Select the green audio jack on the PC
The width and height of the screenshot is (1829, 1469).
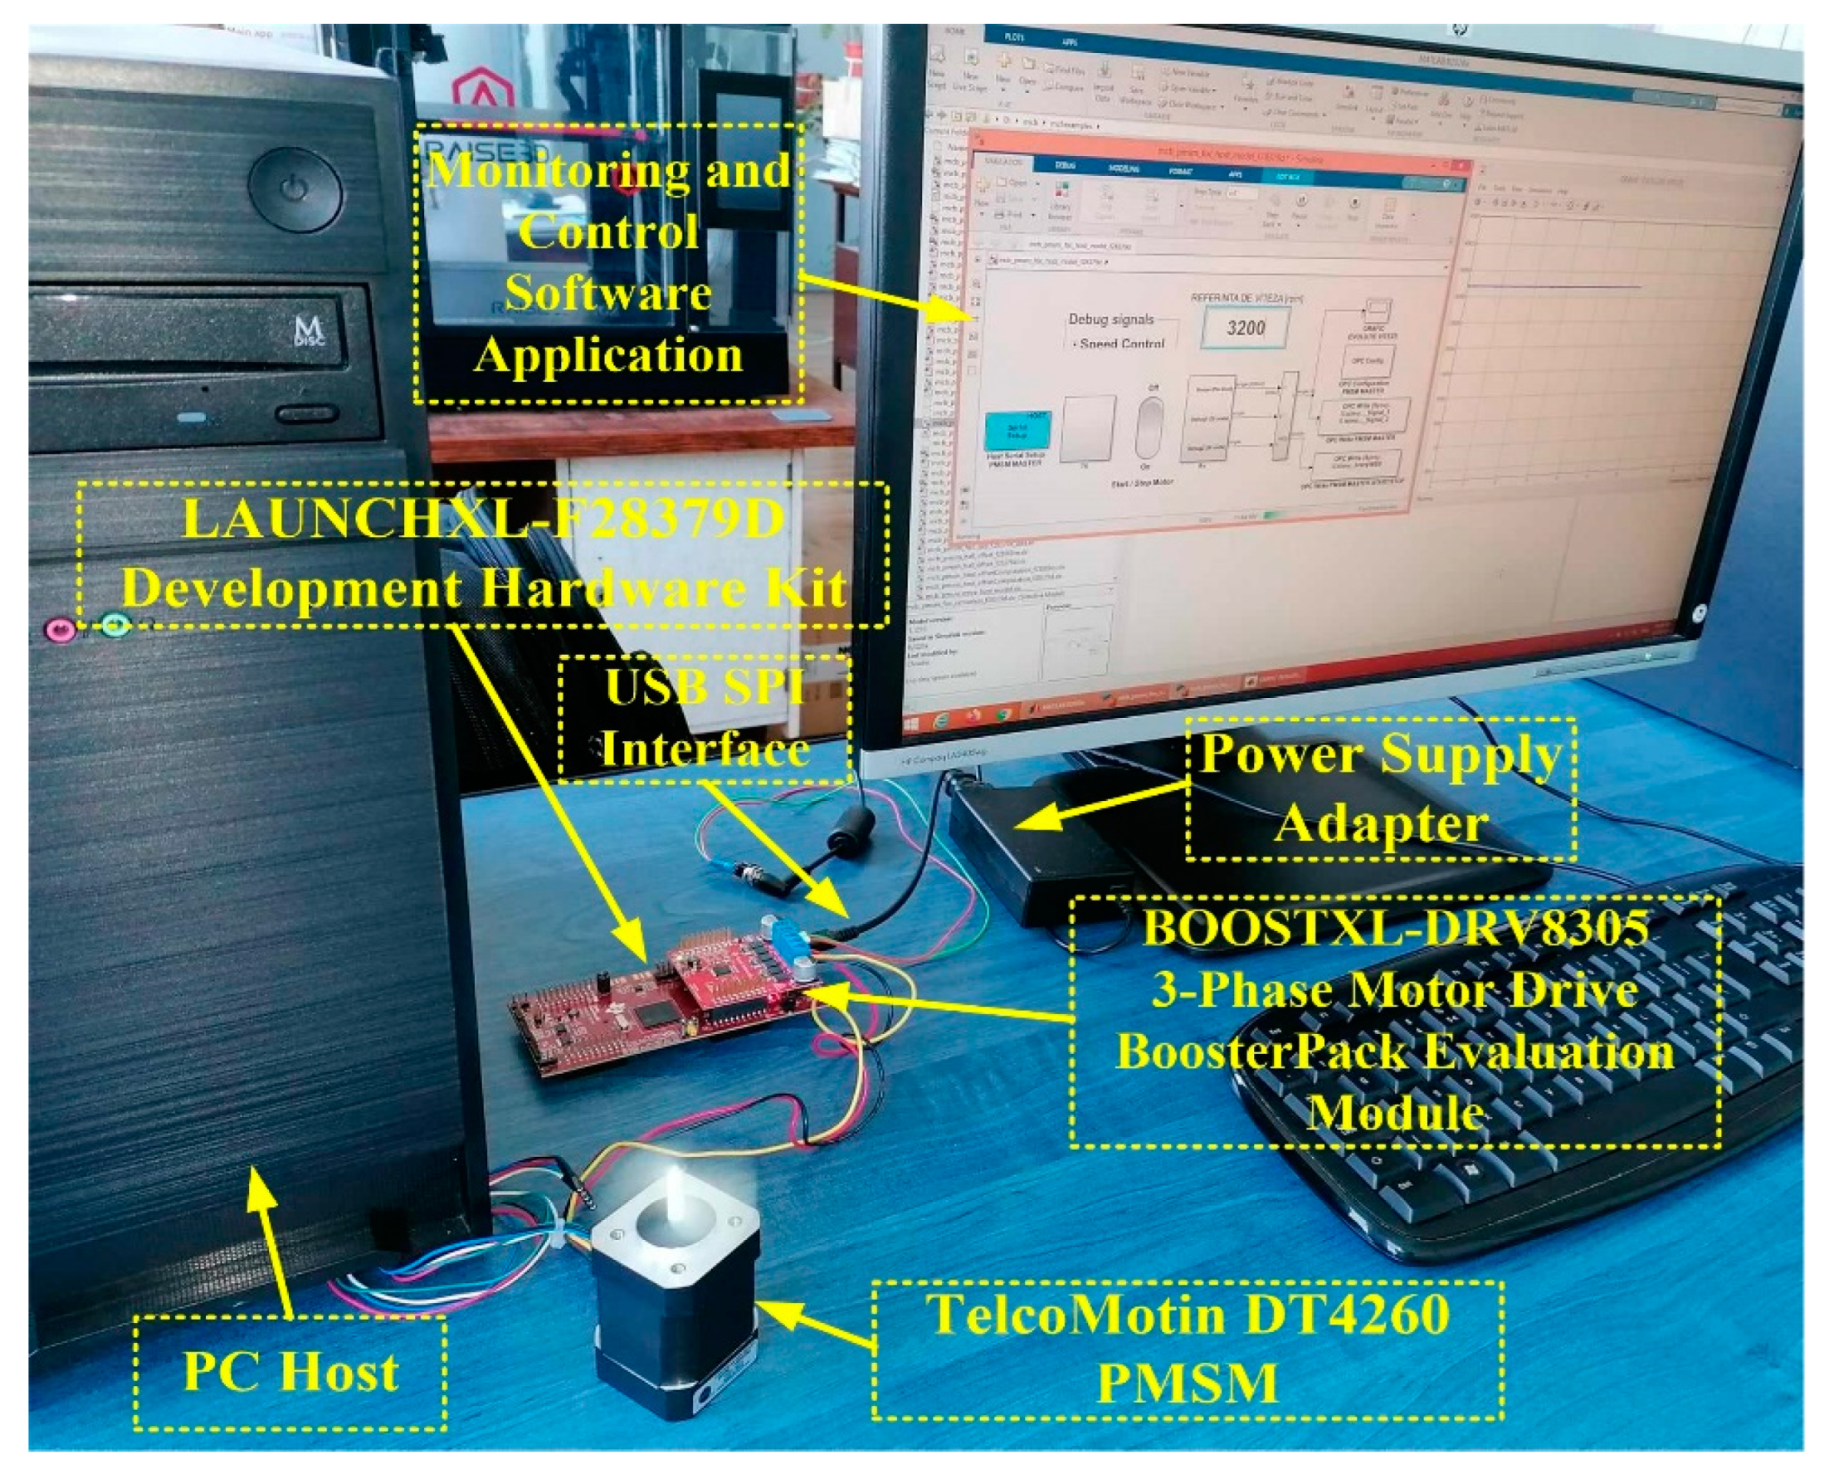pyautogui.click(x=115, y=627)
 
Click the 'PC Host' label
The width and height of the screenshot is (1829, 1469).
pyautogui.click(x=290, y=1372)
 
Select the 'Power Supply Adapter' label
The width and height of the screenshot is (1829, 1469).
pyautogui.click(x=1380, y=788)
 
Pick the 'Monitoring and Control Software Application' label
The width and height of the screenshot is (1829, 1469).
pyautogui.click(x=608, y=263)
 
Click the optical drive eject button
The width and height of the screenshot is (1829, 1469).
pyautogui.click(x=305, y=414)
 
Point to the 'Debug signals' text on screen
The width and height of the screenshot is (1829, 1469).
pyautogui.click(x=1110, y=319)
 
